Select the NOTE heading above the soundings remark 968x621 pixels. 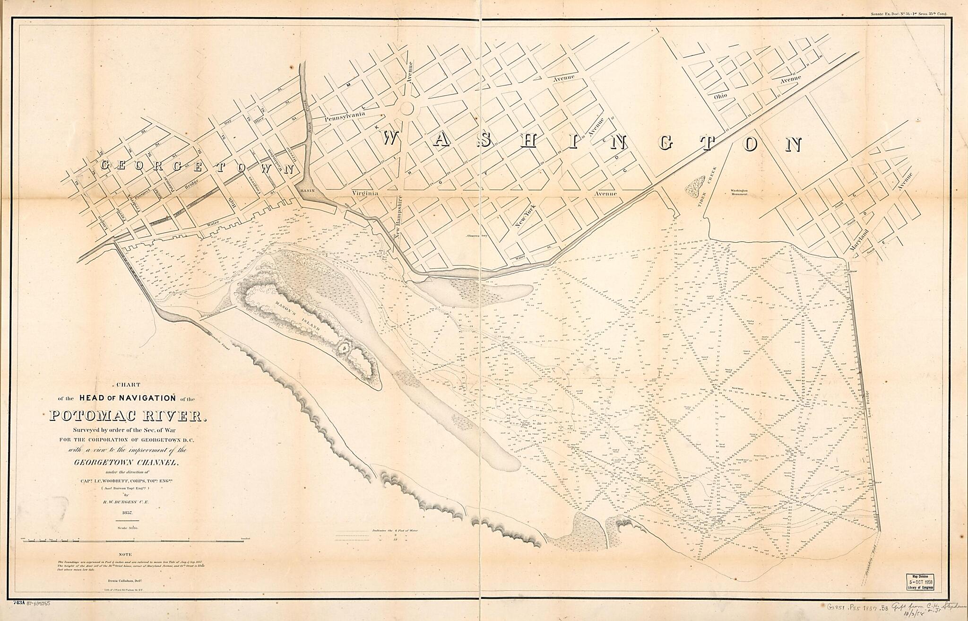click(126, 554)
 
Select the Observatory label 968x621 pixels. click(476, 235)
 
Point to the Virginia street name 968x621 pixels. click(366, 193)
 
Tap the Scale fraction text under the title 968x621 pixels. click(126, 527)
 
